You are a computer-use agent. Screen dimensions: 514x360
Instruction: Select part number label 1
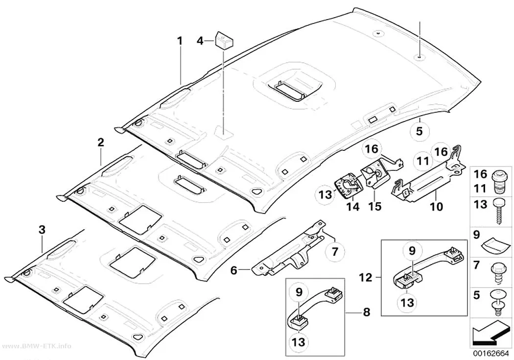coord(179,41)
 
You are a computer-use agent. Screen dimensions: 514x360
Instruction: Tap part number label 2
coord(101,143)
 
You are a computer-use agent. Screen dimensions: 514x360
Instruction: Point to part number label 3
coord(42,230)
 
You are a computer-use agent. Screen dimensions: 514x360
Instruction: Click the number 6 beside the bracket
coord(234,270)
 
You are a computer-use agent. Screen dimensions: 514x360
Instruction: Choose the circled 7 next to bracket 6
coord(335,251)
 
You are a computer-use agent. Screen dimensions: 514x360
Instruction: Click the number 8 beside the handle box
coord(367,312)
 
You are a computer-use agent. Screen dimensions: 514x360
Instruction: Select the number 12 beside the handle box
coord(366,278)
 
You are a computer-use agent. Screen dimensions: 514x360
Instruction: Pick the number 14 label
coord(353,207)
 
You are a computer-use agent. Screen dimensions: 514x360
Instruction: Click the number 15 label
coord(374,207)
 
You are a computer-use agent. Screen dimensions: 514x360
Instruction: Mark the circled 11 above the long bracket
coord(423,161)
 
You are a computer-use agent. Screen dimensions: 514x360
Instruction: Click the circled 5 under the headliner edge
coord(420,131)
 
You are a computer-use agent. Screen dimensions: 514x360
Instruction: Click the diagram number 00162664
coord(491,354)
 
